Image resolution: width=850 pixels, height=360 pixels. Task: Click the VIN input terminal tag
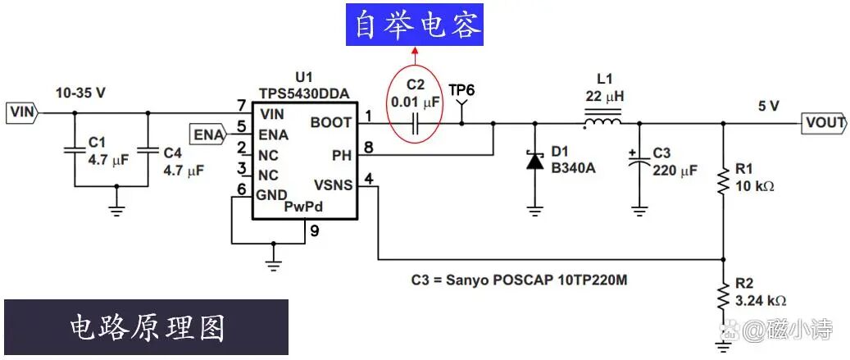click(x=21, y=112)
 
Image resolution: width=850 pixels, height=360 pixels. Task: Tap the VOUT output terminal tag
click(x=823, y=123)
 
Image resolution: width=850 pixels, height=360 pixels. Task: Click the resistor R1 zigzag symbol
click(x=723, y=180)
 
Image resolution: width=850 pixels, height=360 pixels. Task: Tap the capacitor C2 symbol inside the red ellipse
click(x=416, y=123)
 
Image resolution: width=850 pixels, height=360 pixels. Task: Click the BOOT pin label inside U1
click(x=331, y=122)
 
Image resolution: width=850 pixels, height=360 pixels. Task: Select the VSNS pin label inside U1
click(x=333, y=185)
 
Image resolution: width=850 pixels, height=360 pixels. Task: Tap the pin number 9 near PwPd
click(x=313, y=230)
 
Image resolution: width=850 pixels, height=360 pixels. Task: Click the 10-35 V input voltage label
click(x=80, y=93)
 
